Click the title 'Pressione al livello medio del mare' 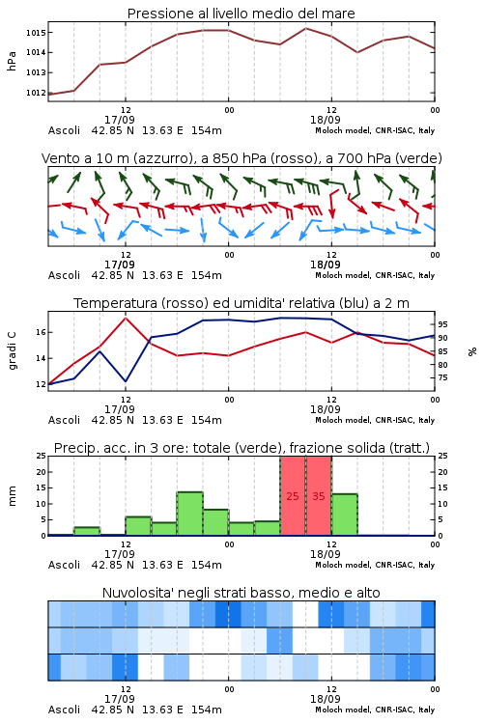coord(241,14)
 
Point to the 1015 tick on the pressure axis coord(36,33)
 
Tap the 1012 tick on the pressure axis coord(36,93)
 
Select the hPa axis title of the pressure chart coord(12,61)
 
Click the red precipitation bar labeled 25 coord(293,496)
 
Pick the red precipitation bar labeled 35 coord(319,496)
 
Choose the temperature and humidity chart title coord(241,303)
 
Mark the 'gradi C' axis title coord(12,351)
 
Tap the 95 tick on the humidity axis coord(442,324)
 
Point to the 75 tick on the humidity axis coord(442,377)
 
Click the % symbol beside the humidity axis coord(472,351)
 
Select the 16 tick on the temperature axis coord(41,332)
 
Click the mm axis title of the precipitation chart coord(12,496)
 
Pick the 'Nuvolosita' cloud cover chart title coord(241,593)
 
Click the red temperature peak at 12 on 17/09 coord(126,318)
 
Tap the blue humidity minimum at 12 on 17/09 coord(126,381)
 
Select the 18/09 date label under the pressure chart coord(326,120)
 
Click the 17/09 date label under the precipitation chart coord(120,554)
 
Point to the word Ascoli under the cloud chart coord(65,710)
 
